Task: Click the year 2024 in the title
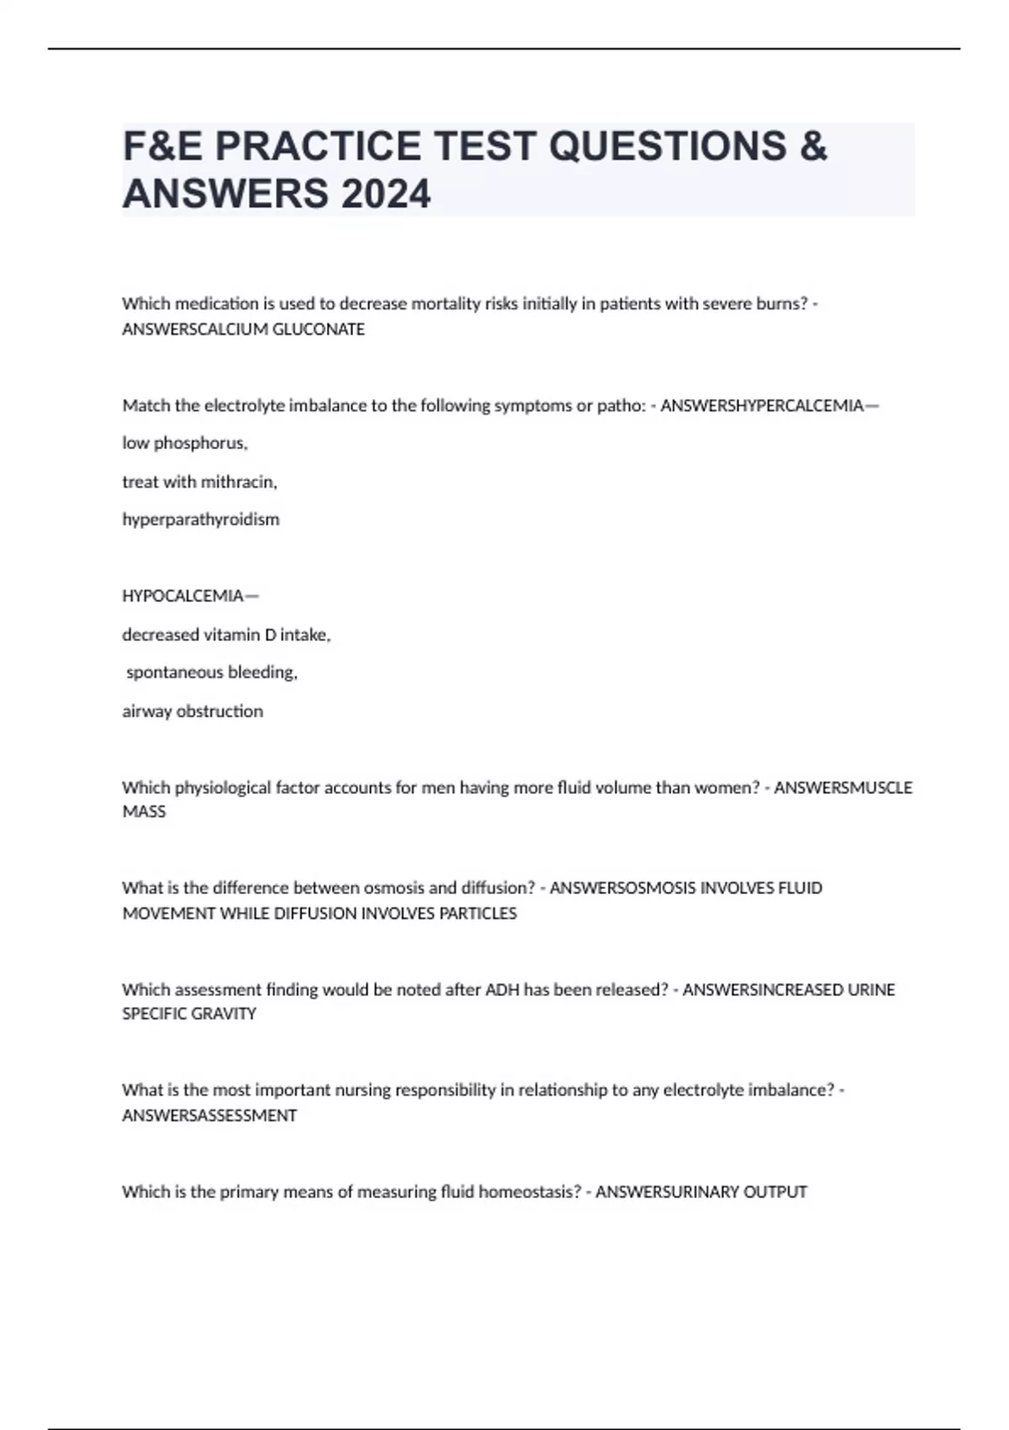pos(386,194)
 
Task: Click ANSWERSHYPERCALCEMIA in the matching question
pos(762,406)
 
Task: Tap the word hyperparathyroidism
pos(200,520)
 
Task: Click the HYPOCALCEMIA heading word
pos(182,596)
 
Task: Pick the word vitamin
pos(232,635)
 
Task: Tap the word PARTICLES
pos(478,914)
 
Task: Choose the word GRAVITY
pos(224,1014)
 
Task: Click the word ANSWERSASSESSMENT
pos(209,1116)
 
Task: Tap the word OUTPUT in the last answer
pos(777,1192)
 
